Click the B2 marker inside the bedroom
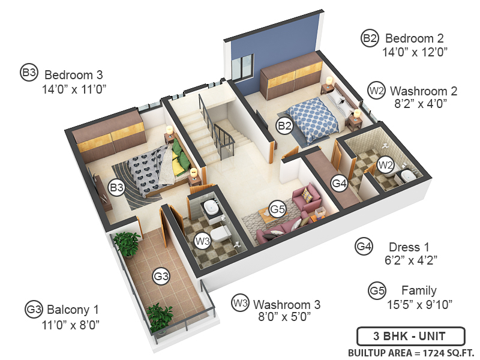tap(284, 125)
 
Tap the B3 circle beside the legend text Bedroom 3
tap(29, 73)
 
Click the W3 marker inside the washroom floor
tap(203, 241)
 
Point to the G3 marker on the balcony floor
tap(161, 276)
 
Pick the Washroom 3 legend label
tap(286, 304)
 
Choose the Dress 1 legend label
tap(409, 247)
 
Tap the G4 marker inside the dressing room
tap(340, 183)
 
